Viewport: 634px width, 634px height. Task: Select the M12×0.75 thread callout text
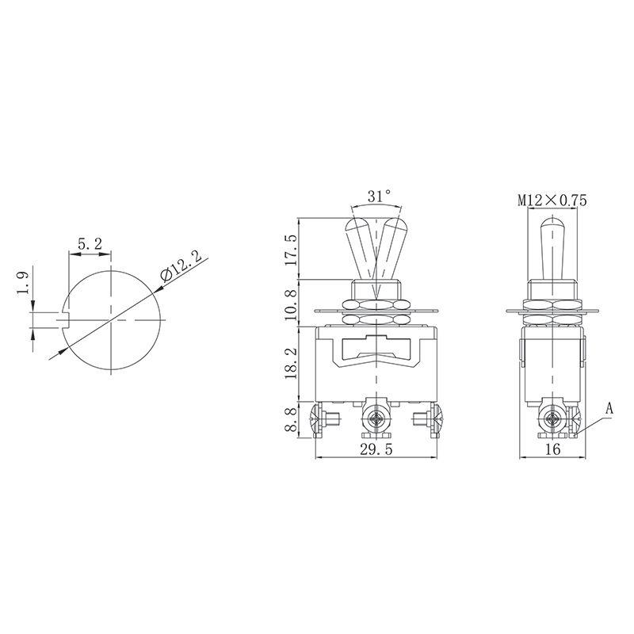click(552, 201)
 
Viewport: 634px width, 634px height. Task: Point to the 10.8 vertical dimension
click(291, 304)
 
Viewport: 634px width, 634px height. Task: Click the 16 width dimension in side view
click(552, 449)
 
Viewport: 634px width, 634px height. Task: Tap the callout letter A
click(609, 409)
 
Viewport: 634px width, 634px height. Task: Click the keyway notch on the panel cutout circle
click(67, 319)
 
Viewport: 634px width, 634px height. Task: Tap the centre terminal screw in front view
click(375, 417)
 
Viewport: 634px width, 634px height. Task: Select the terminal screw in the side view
click(552, 417)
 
